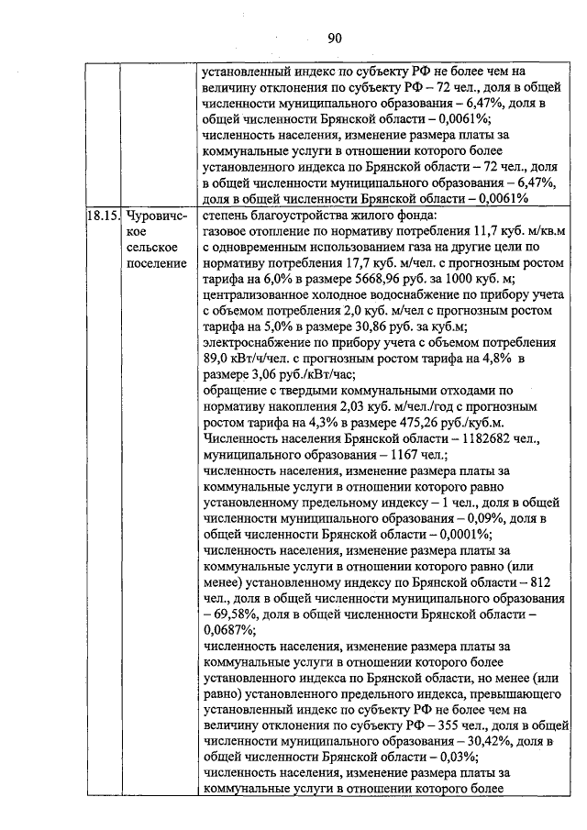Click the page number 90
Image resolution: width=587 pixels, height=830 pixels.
pyautogui.click(x=334, y=38)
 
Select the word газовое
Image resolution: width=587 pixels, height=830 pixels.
pyautogui.click(x=224, y=232)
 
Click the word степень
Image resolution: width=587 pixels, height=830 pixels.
pyautogui.click(x=226, y=216)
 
